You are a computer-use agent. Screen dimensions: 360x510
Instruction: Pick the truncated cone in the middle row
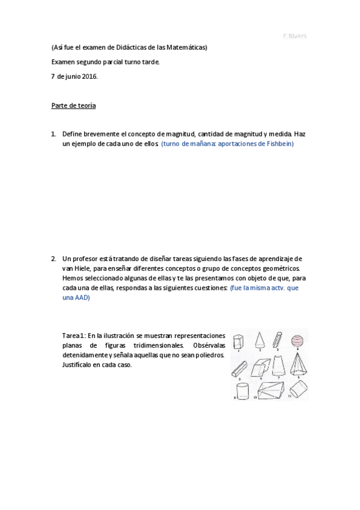(x=278, y=364)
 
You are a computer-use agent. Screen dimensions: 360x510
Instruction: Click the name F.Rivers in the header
(x=294, y=36)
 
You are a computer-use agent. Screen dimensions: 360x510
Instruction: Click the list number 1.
(x=53, y=134)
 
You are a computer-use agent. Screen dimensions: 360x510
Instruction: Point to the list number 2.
(x=53, y=259)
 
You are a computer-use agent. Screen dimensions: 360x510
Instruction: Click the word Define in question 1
(x=74, y=134)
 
